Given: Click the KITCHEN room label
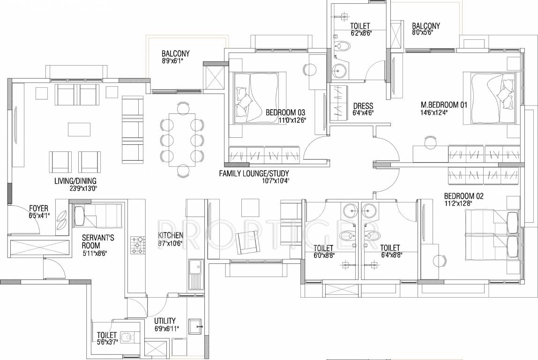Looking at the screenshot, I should click(170, 235).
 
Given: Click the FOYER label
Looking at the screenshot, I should click(38, 209).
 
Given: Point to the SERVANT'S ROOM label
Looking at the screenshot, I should click(97, 241).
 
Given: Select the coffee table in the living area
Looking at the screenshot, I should click(79, 129).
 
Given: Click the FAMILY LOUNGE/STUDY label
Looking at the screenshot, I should click(254, 173).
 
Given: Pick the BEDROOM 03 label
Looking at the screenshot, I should click(285, 112).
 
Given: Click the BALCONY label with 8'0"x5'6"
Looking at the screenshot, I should click(426, 26).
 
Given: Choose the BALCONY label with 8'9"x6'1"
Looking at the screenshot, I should click(175, 53).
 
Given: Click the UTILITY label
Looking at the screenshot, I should click(165, 321).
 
